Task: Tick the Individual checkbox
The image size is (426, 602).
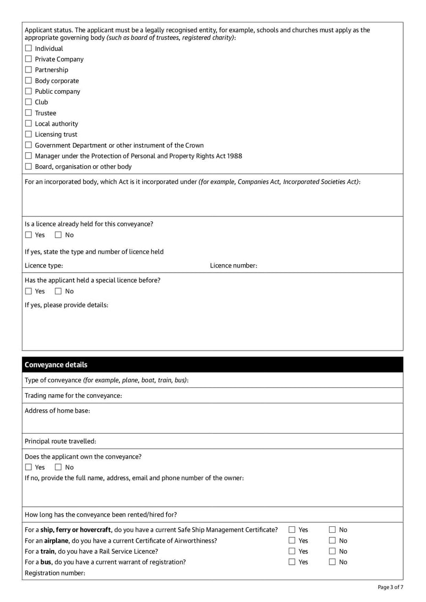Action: coord(28,48)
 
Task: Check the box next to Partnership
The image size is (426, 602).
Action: coord(28,70)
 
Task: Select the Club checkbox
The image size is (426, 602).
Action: coord(28,102)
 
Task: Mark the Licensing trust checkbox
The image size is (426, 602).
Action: coord(28,134)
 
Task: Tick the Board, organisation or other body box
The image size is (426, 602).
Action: coord(28,167)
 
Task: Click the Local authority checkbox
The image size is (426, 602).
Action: coord(28,124)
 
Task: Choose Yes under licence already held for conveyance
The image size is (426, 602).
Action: coord(28,235)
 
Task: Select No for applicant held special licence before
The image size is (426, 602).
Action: coord(58,291)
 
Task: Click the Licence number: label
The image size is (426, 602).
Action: coord(233,266)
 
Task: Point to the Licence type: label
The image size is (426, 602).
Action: coord(44,266)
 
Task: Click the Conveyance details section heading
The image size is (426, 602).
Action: coord(56,365)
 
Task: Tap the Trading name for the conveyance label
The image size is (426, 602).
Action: coord(73,395)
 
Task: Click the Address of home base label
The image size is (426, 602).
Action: coord(57,411)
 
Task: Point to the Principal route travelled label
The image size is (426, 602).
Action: coord(60,441)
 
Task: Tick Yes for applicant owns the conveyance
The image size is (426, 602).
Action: coord(28,467)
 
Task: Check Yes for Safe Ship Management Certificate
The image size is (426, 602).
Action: coord(292,530)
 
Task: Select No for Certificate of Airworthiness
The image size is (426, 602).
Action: coord(332,541)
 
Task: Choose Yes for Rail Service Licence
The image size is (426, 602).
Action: coord(292,551)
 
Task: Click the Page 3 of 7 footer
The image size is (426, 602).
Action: coord(390,587)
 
